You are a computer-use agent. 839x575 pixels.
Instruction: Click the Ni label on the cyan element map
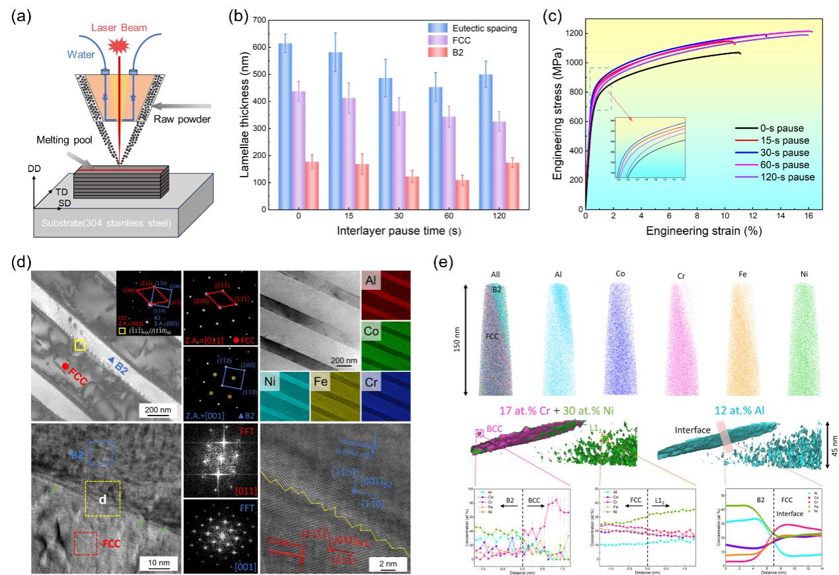[271, 383]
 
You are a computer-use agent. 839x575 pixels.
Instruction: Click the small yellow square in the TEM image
[79, 345]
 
